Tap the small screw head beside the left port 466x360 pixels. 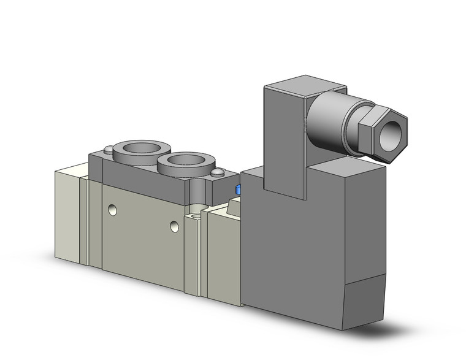click(x=109, y=148)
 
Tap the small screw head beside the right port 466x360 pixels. click(x=217, y=175)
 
